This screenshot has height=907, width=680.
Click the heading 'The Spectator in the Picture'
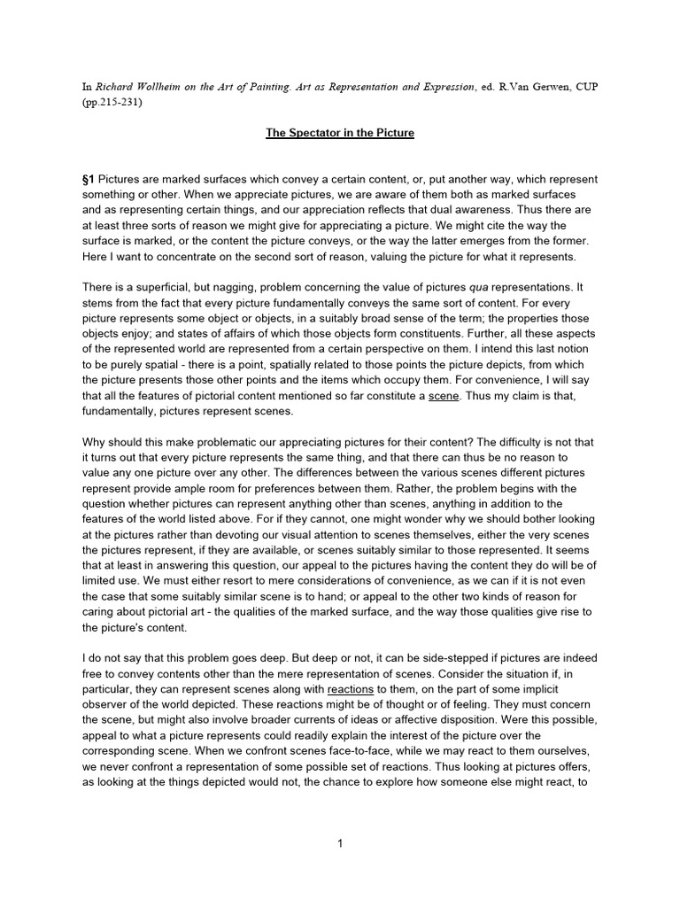pyautogui.click(x=340, y=133)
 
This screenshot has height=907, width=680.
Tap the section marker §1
pyautogui.click(x=88, y=180)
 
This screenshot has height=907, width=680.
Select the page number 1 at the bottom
pyautogui.click(x=340, y=844)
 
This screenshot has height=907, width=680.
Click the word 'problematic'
pyautogui.click(x=229, y=446)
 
